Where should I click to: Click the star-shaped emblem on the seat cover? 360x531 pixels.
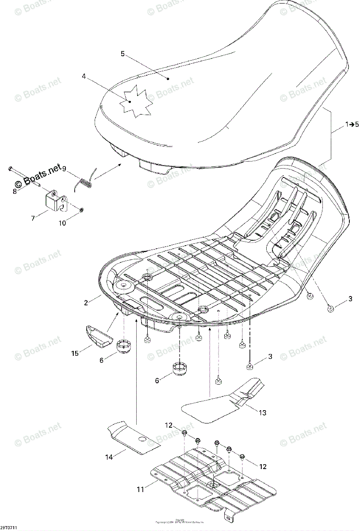click(x=130, y=103)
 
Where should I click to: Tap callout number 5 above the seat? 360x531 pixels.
click(x=123, y=54)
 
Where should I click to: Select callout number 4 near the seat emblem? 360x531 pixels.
click(x=84, y=76)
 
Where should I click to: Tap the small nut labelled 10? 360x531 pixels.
click(x=83, y=208)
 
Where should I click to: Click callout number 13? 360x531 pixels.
click(x=262, y=413)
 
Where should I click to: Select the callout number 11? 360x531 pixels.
click(x=140, y=490)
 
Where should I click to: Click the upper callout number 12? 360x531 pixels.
click(x=169, y=426)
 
